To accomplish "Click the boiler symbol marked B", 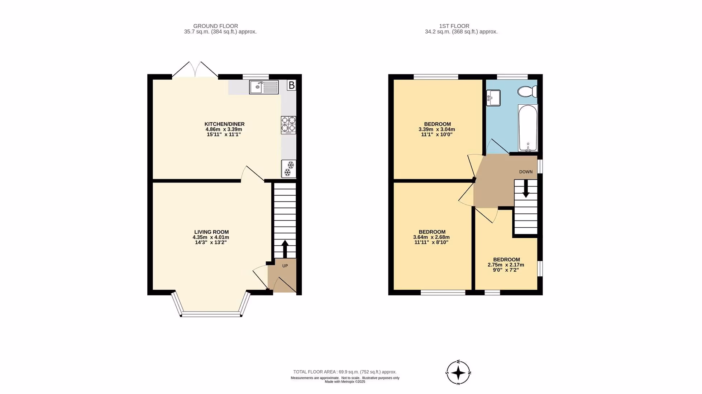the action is [292, 85].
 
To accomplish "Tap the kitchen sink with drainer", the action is [264, 87].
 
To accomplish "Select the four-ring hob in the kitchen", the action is [288, 125].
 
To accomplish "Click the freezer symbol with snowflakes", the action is [289, 169].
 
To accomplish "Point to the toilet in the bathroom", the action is [527, 91].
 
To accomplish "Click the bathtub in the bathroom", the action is [528, 128].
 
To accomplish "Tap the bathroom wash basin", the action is [493, 98].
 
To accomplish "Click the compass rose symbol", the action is [458, 373].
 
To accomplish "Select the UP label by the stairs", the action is [285, 266].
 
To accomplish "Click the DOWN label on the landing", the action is [526, 172].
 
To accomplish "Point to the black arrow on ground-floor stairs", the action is [285, 249].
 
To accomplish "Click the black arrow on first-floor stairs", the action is [526, 189].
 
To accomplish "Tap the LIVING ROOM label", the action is [211, 232].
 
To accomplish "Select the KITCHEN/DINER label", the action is [224, 124].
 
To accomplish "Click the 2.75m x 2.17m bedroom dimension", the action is [506, 265].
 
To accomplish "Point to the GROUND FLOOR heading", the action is [216, 26].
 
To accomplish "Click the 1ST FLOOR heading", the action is [454, 26].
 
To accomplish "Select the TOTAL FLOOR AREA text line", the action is [345, 372].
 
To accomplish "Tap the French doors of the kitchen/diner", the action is [195, 70].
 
